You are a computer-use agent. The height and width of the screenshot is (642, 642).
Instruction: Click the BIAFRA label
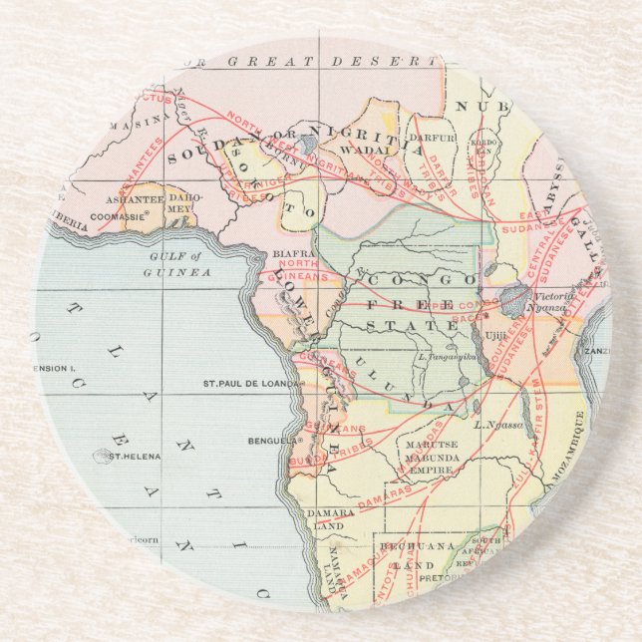click(x=281, y=252)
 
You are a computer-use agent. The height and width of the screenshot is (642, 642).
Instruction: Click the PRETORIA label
click(x=438, y=577)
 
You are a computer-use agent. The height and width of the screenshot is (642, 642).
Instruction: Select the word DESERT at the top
click(x=379, y=62)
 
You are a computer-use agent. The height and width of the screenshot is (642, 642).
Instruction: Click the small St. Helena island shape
click(x=100, y=456)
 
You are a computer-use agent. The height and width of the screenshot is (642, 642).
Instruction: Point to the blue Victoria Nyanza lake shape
click(x=516, y=298)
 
